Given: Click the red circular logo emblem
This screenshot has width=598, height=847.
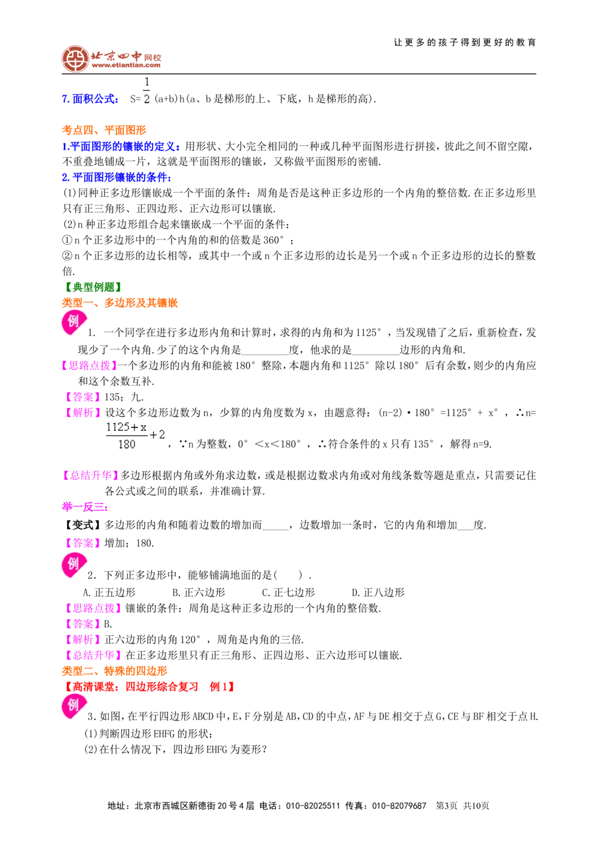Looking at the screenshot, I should [x=75, y=59].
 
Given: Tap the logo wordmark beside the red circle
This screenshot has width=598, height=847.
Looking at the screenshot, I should [x=126, y=59].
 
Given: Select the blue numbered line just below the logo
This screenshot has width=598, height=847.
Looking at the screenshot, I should [x=91, y=99].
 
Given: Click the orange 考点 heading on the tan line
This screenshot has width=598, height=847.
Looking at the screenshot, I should [x=103, y=130].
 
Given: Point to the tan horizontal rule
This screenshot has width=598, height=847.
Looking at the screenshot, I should [x=371, y=136].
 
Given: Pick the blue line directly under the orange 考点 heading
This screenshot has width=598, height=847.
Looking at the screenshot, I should [x=121, y=146].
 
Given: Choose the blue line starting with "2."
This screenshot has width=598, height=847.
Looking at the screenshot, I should [x=116, y=177].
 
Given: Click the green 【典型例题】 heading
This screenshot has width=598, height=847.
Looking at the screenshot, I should [x=93, y=286].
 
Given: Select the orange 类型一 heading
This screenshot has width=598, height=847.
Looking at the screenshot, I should [x=119, y=303].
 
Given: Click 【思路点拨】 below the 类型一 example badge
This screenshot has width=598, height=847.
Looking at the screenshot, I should [x=90, y=366].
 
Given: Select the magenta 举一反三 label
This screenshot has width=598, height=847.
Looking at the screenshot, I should [x=84, y=506].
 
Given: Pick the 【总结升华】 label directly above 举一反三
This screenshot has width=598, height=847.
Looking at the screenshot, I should [x=91, y=476].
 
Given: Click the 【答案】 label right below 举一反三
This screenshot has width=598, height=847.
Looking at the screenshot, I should [x=82, y=543].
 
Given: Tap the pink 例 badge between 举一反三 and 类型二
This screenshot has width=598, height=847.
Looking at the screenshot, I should [x=73, y=564].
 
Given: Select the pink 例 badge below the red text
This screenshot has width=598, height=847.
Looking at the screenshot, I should [x=73, y=706].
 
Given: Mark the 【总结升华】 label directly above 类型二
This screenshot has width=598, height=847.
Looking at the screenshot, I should [x=93, y=655].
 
